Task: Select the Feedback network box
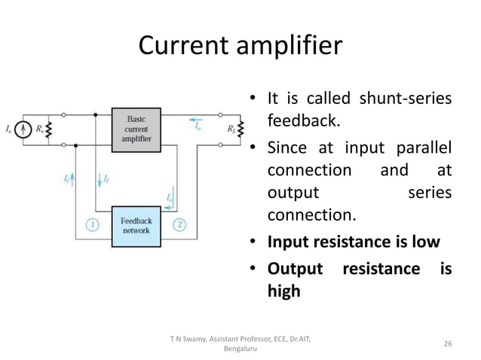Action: click(x=137, y=225)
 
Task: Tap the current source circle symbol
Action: click(x=27, y=129)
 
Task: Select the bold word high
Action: click(x=284, y=290)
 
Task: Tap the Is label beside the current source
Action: click(x=11, y=130)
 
